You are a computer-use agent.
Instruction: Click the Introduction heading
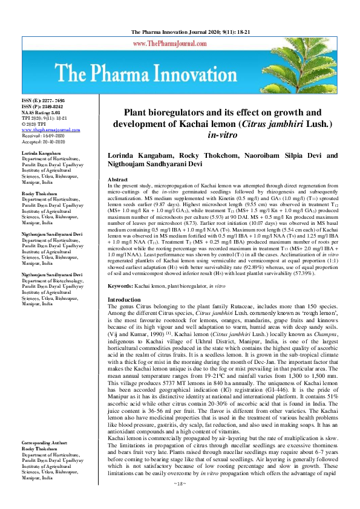pyautogui.click(x=123, y=300)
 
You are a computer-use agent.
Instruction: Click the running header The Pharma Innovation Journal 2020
pyautogui.click(x=180, y=32)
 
